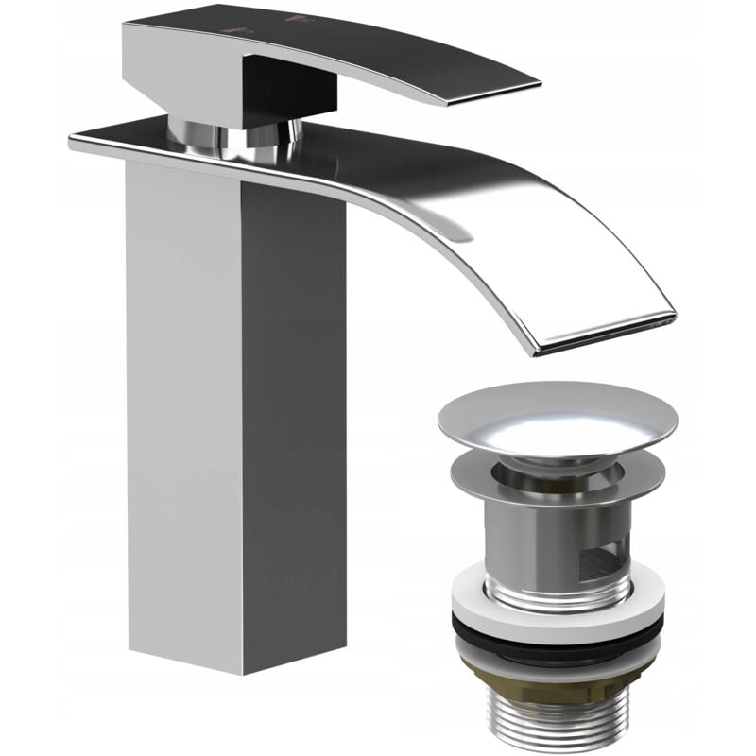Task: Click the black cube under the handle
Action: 288,89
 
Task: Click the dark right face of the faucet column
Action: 293,425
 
